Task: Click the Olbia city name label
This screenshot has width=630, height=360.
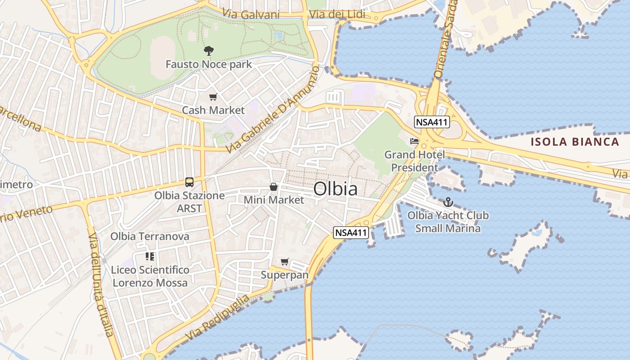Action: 335,189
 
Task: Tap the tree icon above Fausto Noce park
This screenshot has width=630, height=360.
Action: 208,50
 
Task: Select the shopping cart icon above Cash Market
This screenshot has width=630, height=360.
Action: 213,97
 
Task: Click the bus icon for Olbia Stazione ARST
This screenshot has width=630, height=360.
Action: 189,182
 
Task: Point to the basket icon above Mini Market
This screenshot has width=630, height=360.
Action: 273,187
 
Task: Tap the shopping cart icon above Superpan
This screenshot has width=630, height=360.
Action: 284,261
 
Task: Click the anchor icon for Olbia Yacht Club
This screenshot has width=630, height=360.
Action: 448,202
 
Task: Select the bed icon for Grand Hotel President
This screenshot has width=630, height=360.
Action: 414,141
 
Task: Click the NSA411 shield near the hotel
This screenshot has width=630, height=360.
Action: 432,122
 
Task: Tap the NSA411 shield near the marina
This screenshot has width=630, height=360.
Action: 351,233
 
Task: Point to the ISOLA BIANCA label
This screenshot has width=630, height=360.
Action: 575,142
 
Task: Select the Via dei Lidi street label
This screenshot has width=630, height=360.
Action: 337,14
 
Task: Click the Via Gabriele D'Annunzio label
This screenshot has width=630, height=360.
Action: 272,110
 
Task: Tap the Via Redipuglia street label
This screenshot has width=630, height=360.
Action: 217,318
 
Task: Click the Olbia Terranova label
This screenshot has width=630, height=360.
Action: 150,236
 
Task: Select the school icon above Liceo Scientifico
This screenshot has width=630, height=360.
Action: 150,256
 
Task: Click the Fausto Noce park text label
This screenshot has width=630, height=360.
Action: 209,64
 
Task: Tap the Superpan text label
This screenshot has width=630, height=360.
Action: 285,274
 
